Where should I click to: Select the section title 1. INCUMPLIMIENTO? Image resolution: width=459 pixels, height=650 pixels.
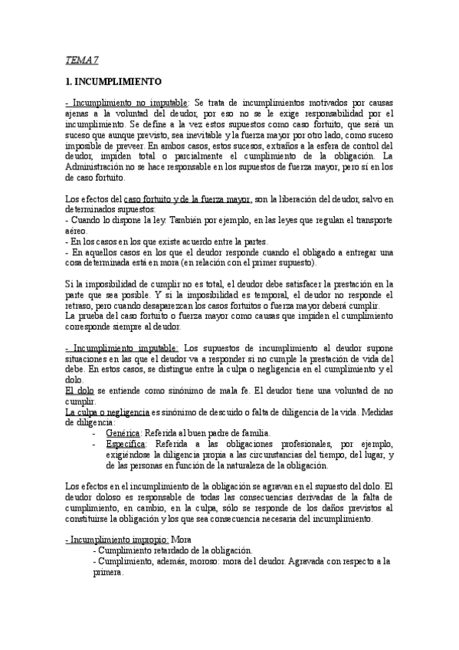click(x=113, y=80)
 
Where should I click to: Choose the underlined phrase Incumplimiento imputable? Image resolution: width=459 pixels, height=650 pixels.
click(x=123, y=347)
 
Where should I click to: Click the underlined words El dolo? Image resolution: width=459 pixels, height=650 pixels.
click(x=79, y=390)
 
